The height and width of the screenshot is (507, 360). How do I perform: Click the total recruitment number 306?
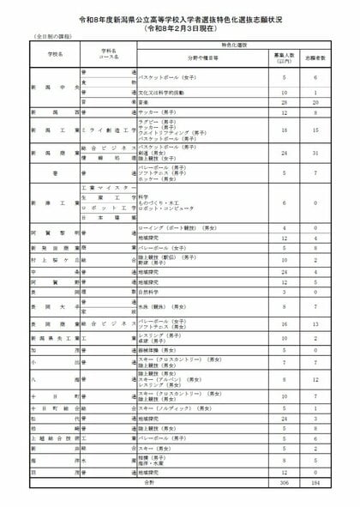point(283,483)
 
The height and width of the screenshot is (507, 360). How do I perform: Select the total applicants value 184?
point(317,483)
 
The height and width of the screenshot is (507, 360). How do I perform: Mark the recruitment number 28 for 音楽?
point(283,100)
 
